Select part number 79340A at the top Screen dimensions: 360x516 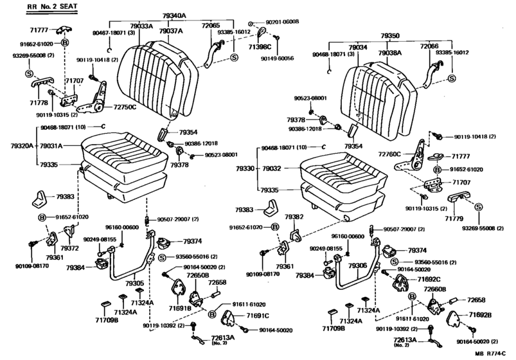pos(175,15)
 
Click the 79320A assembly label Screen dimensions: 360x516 pos(13,146)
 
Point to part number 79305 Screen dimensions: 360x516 pos(134,282)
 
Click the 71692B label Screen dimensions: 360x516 pos(479,316)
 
